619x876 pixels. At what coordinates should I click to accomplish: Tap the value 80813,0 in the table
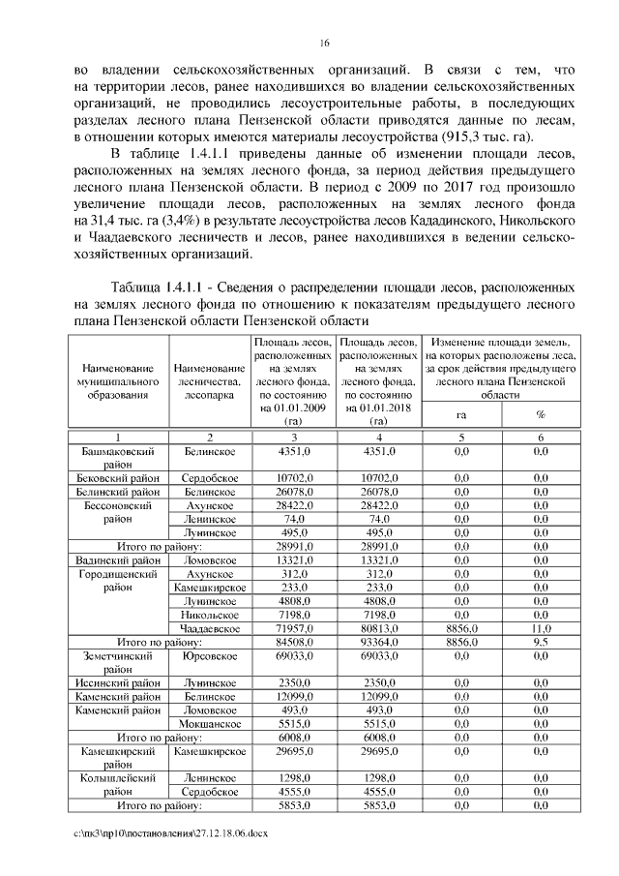(x=378, y=628)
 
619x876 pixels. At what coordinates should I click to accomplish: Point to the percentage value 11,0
(x=540, y=628)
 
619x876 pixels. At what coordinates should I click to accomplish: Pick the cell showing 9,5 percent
(x=540, y=641)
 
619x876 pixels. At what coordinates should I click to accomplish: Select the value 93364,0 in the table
(x=378, y=641)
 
